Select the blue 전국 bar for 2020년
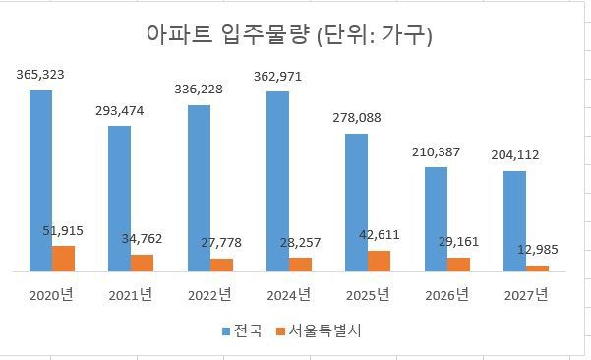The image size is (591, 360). (40, 180)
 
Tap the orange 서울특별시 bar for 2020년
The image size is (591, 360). (63, 258)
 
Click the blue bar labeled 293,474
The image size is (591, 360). (119, 198)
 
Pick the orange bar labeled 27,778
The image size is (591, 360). (221, 265)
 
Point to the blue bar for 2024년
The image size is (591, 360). (277, 181)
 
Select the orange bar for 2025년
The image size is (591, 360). (379, 261)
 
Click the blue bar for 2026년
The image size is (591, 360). (436, 218)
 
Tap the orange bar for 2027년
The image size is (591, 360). (537, 268)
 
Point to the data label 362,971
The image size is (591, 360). (278, 76)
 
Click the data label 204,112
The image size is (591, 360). (514, 154)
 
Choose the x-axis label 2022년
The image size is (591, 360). (209, 294)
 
